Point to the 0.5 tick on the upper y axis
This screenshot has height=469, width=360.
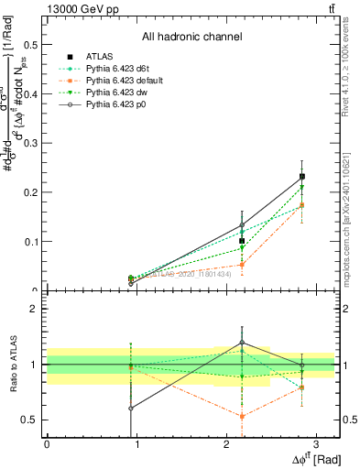(31, 44)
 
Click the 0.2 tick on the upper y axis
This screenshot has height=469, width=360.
(31, 192)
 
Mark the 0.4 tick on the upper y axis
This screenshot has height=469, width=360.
(31, 93)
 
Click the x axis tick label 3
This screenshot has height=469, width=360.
(315, 444)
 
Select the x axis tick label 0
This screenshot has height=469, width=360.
(47, 444)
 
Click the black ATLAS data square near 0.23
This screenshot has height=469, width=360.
(302, 176)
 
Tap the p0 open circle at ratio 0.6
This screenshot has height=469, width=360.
(131, 409)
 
